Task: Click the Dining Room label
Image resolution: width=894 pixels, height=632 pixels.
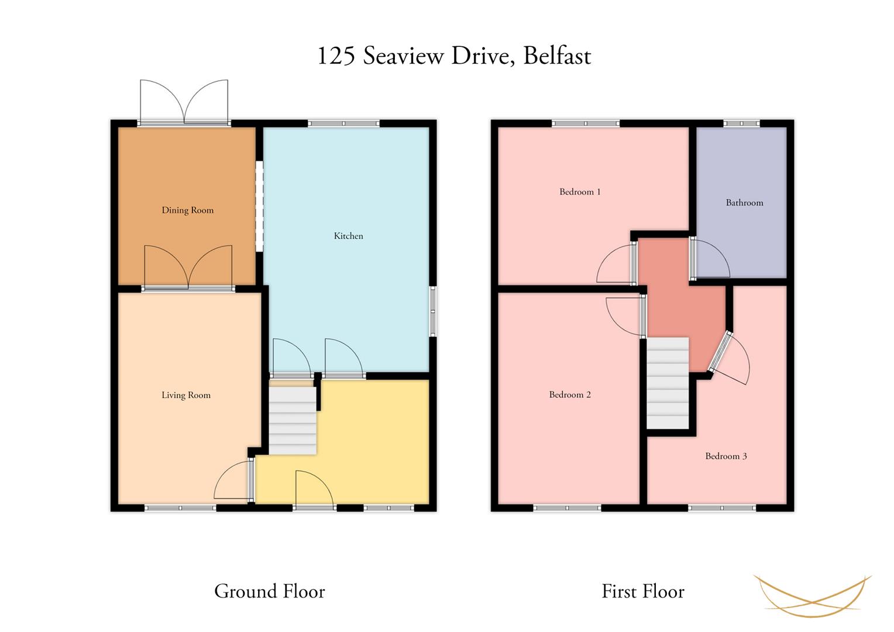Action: [x=188, y=211]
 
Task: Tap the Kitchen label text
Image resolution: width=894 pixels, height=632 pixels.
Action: [x=349, y=236]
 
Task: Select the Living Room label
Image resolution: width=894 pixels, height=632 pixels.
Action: [x=186, y=395]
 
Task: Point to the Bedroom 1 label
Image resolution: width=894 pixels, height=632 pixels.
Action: [x=580, y=192]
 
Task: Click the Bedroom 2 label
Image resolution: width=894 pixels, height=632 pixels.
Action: [x=570, y=395]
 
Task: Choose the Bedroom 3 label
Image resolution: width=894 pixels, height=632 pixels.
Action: [x=726, y=456]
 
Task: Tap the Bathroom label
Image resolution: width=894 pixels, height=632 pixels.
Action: [x=744, y=203]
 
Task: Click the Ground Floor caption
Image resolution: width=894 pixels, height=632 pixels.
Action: [x=270, y=591]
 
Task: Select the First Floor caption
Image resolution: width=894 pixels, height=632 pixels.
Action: [x=643, y=591]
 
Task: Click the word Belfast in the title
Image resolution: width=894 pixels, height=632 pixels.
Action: [x=557, y=56]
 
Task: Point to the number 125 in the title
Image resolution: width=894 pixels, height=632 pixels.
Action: [x=336, y=56]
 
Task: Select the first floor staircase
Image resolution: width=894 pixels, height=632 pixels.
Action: [x=668, y=383]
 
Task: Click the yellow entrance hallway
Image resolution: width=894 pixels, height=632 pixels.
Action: [x=359, y=443]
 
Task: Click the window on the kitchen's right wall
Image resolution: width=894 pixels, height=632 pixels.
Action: [x=433, y=311]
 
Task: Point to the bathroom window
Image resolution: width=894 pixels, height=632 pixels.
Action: [x=741, y=123]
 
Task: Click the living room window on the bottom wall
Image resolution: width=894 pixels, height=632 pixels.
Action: [x=180, y=508]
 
